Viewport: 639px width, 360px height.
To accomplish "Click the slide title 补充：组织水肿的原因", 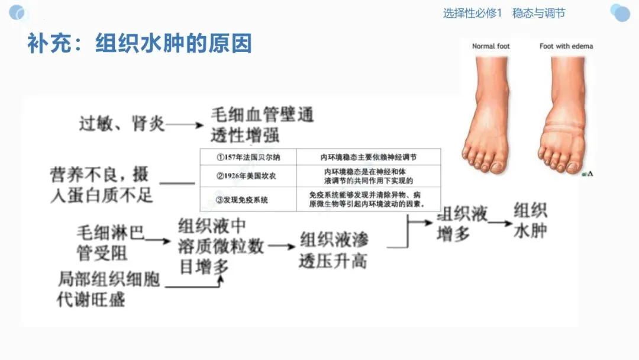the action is point(140,44).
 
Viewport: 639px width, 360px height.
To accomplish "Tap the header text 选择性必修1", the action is point(472,13).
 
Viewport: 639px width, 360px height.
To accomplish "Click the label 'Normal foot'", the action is point(490,46).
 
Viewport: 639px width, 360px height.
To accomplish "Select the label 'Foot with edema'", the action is point(566,46).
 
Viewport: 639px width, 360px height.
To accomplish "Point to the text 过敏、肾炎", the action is point(122,124).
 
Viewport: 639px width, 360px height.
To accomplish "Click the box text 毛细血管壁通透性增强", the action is point(261,124).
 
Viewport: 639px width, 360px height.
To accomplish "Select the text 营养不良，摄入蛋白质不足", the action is point(101,185).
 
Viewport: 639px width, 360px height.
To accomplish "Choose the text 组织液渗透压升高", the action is point(334,250).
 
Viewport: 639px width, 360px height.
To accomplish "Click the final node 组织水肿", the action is point(530,220).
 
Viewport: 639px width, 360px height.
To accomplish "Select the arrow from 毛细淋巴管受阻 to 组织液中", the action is point(158,240).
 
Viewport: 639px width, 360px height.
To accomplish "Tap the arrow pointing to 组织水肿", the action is point(500,223).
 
